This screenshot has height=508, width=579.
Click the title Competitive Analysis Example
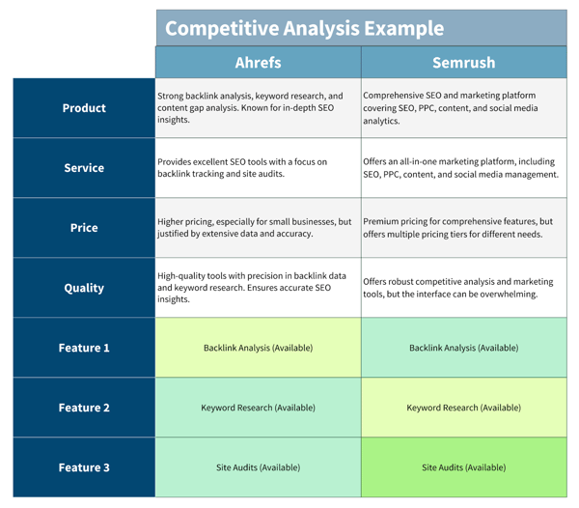point(305,28)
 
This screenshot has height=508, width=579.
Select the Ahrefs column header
point(258,63)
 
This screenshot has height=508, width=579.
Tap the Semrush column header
point(463,63)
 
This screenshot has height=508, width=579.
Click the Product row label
point(84,108)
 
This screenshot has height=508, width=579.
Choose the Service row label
point(84,168)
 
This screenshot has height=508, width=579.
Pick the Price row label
point(84,228)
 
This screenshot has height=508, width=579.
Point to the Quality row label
point(84,288)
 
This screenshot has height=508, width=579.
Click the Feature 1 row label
point(84,348)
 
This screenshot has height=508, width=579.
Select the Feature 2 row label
point(84,408)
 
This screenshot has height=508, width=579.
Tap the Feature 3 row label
point(84,467)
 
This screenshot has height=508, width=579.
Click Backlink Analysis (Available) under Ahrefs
point(258,348)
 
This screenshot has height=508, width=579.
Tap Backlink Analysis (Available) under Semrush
point(463,348)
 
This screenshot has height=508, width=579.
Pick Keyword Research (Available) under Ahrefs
point(258,408)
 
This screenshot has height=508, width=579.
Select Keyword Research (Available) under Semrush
point(463,408)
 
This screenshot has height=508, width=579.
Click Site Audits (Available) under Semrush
point(463,467)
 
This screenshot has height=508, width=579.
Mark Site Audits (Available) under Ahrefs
point(258,467)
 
